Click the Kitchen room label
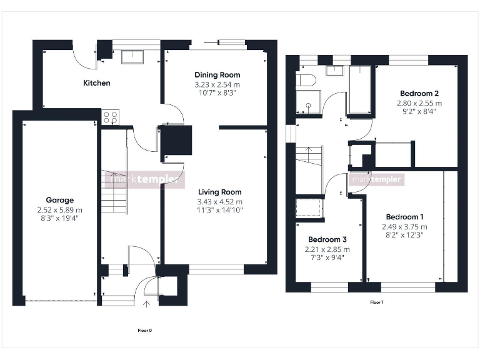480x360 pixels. [x=97, y=82]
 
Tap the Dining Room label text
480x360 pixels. [x=217, y=75]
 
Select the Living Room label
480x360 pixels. [x=219, y=192]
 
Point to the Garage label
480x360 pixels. [x=59, y=201]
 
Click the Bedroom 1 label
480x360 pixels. [x=404, y=217]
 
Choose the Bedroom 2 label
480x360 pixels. [x=419, y=93]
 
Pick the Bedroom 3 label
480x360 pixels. [x=327, y=239]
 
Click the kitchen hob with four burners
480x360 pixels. [x=111, y=117]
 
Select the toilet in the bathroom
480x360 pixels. [x=306, y=79]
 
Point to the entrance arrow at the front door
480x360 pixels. [x=147, y=304]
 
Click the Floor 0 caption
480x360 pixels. [x=144, y=330]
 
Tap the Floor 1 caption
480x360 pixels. [x=376, y=302]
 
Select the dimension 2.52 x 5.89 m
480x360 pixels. [x=59, y=210]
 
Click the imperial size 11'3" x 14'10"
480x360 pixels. [x=219, y=210]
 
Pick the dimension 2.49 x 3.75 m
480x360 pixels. [x=404, y=227]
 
